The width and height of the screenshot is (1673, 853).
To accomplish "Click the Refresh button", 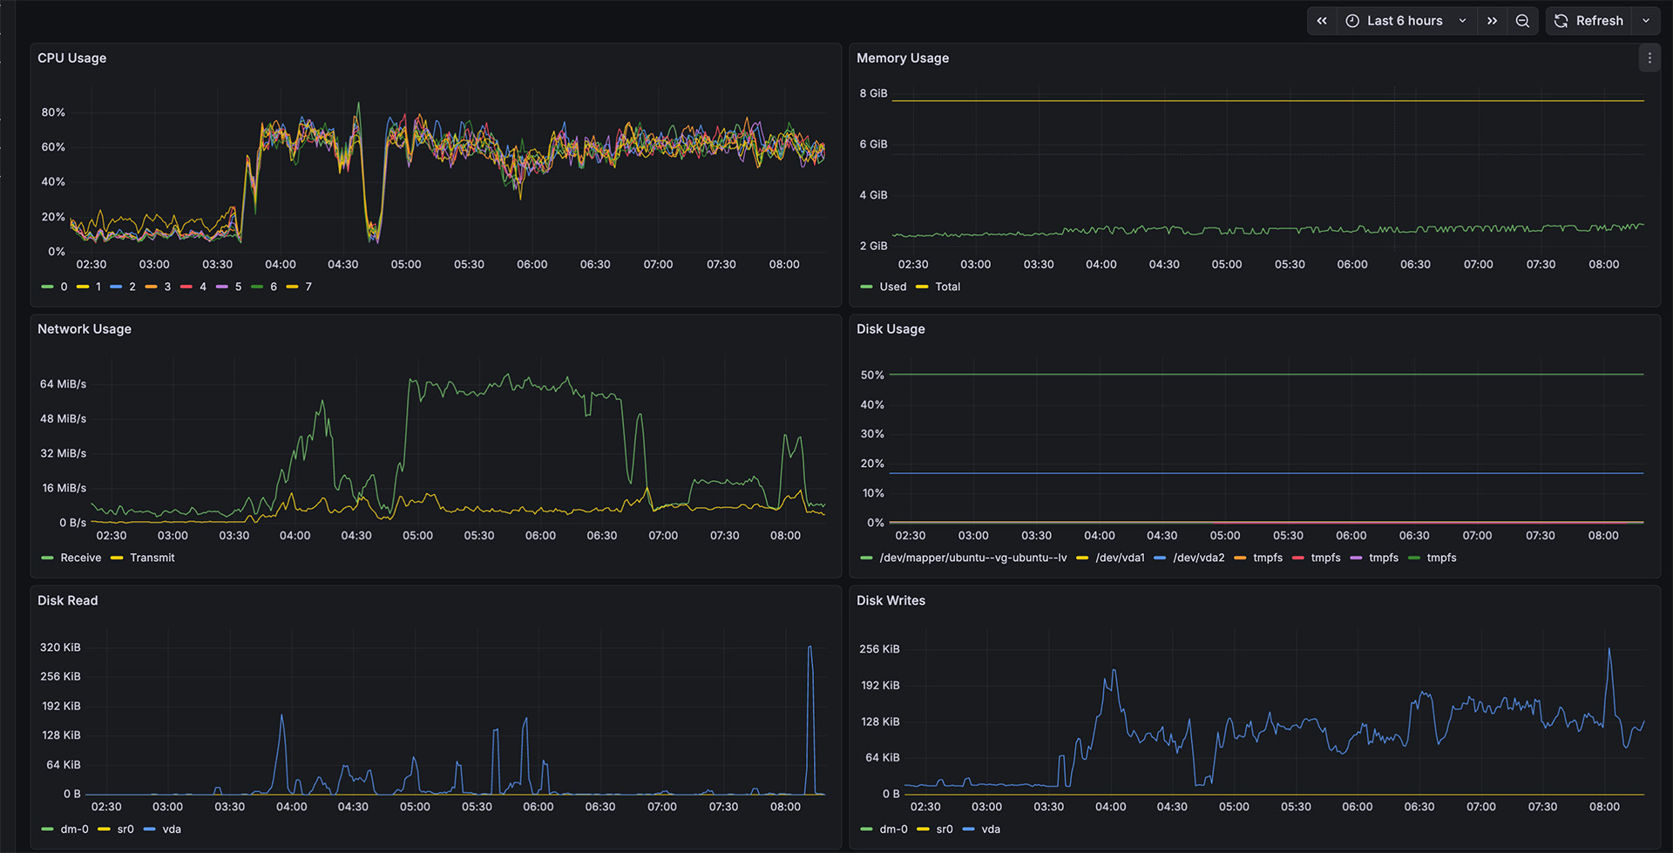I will tap(1588, 21).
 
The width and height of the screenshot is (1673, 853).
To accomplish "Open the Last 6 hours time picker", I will tap(1404, 21).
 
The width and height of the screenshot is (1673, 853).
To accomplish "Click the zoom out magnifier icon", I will tap(1522, 21).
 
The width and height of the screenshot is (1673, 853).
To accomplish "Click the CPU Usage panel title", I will tap(71, 58).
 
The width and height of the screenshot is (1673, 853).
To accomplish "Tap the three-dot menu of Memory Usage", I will tap(1649, 58).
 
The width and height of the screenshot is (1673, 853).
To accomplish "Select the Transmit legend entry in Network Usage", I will tap(152, 558).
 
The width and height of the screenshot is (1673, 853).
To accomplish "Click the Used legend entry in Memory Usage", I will tap(892, 287).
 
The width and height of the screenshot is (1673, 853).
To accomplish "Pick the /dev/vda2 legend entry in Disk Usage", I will tap(1198, 558).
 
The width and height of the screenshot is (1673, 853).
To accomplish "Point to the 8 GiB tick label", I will tap(873, 93).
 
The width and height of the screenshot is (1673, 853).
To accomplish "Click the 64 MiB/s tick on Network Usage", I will tap(63, 384).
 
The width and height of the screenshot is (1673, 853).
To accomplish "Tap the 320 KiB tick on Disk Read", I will tap(60, 647).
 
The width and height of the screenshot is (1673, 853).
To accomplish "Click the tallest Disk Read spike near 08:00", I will tap(809, 649).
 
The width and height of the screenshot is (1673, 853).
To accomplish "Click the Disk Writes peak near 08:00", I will tap(1609, 651).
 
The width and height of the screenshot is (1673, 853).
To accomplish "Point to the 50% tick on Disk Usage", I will tap(872, 376).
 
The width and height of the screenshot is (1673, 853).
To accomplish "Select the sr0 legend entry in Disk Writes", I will tap(944, 829).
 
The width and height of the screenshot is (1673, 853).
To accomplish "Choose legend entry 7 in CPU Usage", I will tap(308, 287).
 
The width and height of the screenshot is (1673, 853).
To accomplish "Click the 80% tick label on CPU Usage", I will tap(53, 112).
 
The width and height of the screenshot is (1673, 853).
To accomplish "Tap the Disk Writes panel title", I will tap(891, 600).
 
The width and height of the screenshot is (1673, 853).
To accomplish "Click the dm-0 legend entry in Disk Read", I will tap(74, 829).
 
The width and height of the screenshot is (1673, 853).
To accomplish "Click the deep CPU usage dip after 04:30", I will tap(374, 235).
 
